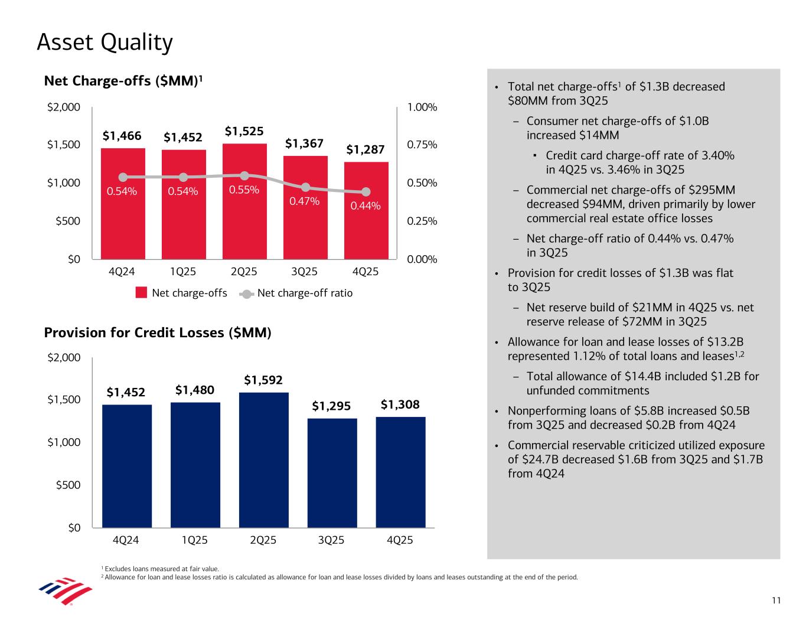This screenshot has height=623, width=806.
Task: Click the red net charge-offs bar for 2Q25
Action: tap(244, 224)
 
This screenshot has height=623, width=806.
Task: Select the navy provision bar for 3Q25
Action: tap(332, 472)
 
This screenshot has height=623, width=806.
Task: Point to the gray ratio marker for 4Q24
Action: tap(123, 177)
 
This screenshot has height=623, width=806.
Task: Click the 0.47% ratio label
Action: tap(304, 201)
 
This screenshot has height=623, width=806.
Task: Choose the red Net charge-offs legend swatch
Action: tap(141, 293)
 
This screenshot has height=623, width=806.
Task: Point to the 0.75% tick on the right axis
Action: tap(422, 145)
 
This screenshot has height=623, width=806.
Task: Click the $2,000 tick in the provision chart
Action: tap(64, 357)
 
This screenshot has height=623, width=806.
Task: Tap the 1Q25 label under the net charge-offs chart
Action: tap(183, 272)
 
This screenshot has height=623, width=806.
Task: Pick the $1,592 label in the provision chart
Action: tap(263, 380)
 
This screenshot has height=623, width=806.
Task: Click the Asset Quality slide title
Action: tap(105, 43)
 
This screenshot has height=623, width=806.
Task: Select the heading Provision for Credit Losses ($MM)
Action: tap(158, 333)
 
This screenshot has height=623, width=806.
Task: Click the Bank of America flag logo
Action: tap(65, 591)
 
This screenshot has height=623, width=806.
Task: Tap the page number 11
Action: tap(776, 601)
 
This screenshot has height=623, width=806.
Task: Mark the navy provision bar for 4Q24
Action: tap(127, 466)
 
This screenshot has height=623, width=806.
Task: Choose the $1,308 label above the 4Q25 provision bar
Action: tap(400, 405)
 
